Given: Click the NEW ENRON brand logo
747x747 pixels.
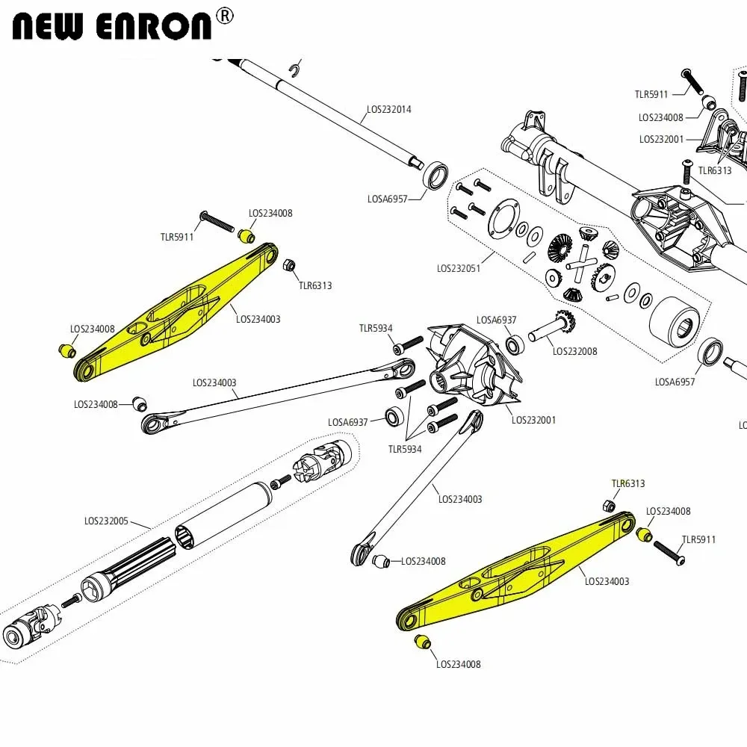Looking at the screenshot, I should [x=112, y=25].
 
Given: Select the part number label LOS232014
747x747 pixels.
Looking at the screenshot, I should [x=388, y=109].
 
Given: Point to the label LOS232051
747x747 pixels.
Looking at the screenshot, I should [x=459, y=268].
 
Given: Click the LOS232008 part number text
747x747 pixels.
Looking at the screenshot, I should [x=574, y=351].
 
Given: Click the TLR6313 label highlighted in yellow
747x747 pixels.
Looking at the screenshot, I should [x=627, y=483].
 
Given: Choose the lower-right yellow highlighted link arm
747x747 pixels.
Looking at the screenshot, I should [x=515, y=571].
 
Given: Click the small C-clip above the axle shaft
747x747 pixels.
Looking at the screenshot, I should [x=295, y=70].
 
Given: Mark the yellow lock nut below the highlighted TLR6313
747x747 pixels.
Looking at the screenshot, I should [x=610, y=506].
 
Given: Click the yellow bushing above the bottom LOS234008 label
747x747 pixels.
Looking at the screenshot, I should [x=423, y=642].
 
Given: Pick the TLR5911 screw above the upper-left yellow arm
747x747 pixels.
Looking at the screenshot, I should [x=216, y=221].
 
